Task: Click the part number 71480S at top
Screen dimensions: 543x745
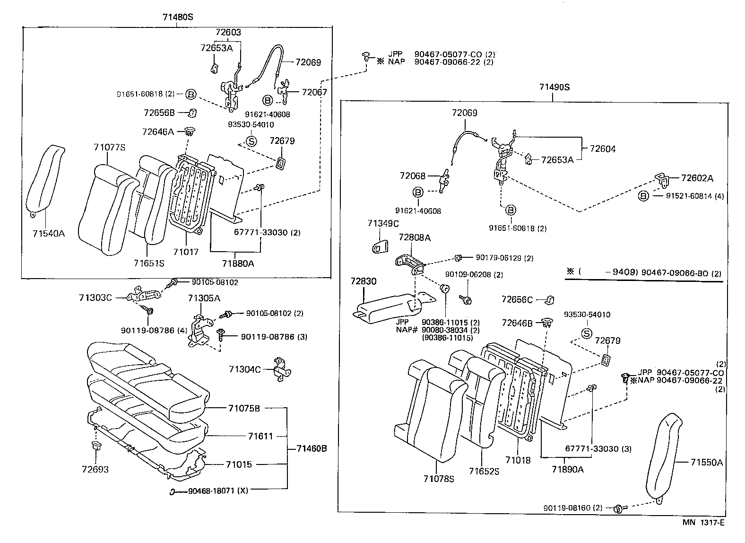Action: point(178,17)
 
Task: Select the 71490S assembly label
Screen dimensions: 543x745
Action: point(554,87)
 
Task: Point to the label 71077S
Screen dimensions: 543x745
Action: point(109,148)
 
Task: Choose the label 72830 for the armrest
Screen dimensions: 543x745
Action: point(364,281)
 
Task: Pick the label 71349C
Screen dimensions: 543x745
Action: point(383,223)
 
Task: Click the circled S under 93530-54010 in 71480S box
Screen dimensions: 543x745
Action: point(251,141)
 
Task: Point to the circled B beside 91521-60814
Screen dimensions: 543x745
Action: point(643,196)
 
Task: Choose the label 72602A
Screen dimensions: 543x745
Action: point(697,178)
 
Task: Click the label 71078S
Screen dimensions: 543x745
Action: point(439,479)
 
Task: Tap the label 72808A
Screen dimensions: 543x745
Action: point(415,237)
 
